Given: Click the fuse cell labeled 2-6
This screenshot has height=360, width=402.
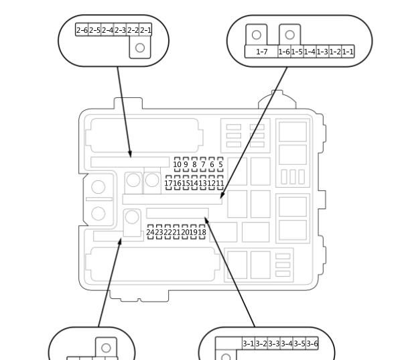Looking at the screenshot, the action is click(x=82, y=29).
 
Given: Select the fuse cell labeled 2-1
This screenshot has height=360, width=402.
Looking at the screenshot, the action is click(x=145, y=29).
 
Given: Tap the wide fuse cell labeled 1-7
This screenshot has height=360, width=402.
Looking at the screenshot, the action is click(x=261, y=52).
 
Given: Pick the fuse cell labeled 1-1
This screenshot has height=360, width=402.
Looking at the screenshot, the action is click(x=348, y=52).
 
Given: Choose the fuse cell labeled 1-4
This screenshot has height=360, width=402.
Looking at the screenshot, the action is click(x=310, y=52).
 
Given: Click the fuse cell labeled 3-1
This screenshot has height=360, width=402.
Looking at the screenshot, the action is click(x=249, y=343).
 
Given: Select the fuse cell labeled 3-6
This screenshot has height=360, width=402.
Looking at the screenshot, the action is click(x=312, y=343).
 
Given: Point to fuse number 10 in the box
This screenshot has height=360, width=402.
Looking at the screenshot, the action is click(x=177, y=164).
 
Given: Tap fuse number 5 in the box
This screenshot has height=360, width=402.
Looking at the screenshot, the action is click(x=220, y=164).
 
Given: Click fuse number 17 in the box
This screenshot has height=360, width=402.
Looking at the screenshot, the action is click(x=168, y=183).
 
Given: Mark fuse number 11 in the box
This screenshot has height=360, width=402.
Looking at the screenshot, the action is click(x=220, y=183).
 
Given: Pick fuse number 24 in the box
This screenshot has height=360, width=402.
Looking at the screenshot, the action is click(x=150, y=232).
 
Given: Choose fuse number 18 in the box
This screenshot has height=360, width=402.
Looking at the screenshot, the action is click(x=202, y=232).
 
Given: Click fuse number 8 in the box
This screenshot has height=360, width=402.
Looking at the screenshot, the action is click(x=194, y=164).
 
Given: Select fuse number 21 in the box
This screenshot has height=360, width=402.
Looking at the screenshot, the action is click(x=176, y=232).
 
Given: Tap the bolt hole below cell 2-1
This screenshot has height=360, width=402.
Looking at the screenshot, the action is click(x=140, y=48).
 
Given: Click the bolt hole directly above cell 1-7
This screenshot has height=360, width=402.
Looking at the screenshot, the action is click(x=257, y=35).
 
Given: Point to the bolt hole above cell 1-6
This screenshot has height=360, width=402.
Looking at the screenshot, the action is click(x=289, y=35).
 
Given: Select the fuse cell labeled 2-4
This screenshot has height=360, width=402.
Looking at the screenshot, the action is click(x=107, y=29).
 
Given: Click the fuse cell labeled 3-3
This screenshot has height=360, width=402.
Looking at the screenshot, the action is click(x=274, y=343).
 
